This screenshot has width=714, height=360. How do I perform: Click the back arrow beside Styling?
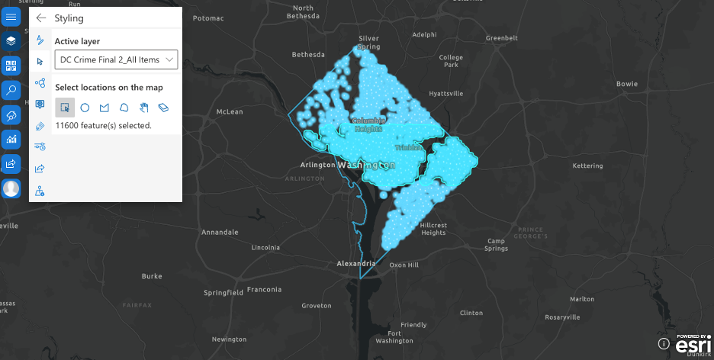pyautogui.click(x=41, y=18)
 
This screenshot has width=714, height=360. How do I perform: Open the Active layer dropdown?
pyautogui.click(x=116, y=59)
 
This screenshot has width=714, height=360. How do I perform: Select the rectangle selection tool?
pyautogui.click(x=65, y=108)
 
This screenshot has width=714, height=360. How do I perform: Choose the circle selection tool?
pyautogui.click(x=85, y=108)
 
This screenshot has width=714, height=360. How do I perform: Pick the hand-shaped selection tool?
pyautogui.click(x=143, y=108)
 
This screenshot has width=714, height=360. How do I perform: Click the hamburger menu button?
pyautogui.click(x=11, y=17)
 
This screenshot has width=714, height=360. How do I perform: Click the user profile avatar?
pyautogui.click(x=11, y=188)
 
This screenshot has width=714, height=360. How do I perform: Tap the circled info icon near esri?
pyautogui.click(x=664, y=344)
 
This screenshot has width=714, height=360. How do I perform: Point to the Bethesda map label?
pyautogui.click(x=308, y=55)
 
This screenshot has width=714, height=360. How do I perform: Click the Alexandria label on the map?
pyautogui.click(x=356, y=263)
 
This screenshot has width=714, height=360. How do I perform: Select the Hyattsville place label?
pyautogui.click(x=446, y=94)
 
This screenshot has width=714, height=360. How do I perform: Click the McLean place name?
pyautogui.click(x=230, y=111)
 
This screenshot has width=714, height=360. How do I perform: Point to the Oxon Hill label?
pyautogui.click(x=404, y=265)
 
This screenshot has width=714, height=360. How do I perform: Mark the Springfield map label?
pyautogui.click(x=224, y=292)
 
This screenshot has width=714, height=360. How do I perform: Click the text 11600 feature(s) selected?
pyautogui.click(x=104, y=125)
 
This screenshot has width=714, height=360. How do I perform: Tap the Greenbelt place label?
pyautogui.click(x=502, y=37)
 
